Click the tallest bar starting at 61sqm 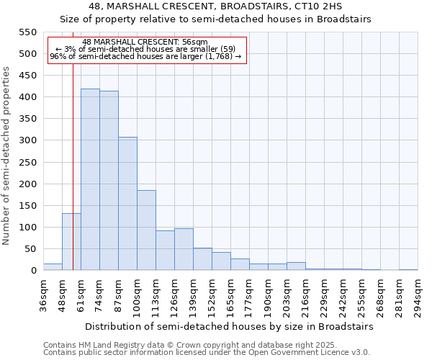(x=90, y=179)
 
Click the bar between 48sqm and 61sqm (x=71, y=242)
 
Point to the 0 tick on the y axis (x=33, y=271)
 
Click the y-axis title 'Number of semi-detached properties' (x=6, y=156)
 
